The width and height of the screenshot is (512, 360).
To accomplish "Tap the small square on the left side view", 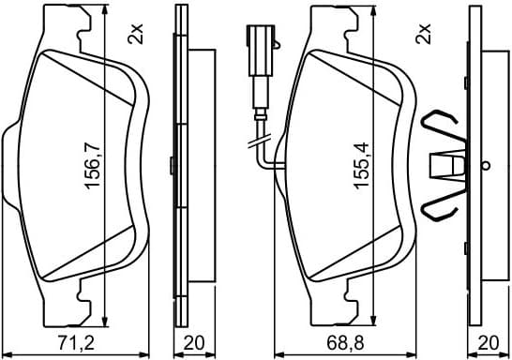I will (x=171, y=166).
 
